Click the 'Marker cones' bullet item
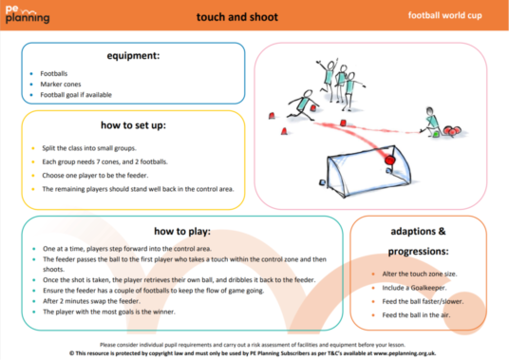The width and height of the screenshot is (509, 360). (60, 84)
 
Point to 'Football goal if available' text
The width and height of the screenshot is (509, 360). (80, 95)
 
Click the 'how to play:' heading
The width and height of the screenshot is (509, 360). (180, 231)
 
